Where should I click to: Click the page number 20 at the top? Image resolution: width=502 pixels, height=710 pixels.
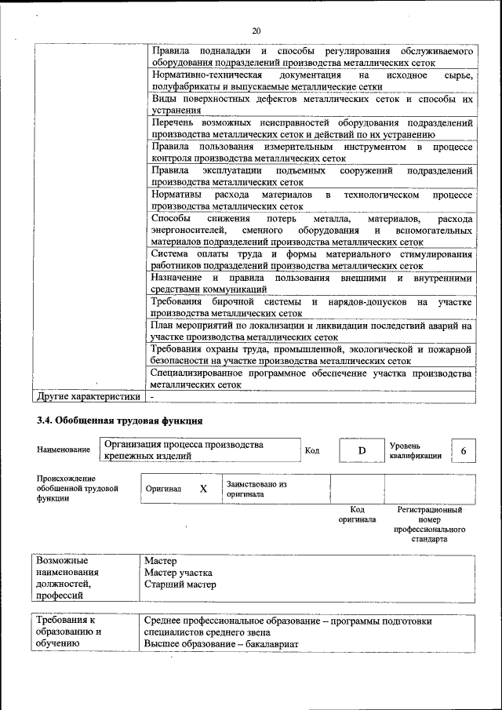(x=256, y=31)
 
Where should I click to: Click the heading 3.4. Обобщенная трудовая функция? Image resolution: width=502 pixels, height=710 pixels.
(x=115, y=421)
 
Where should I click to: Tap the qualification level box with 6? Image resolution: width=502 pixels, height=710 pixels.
(x=464, y=450)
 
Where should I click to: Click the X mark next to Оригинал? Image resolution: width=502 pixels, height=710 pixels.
(x=203, y=488)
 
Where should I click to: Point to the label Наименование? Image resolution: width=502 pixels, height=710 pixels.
(x=63, y=450)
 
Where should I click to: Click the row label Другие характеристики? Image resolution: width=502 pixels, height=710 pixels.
(x=83, y=397)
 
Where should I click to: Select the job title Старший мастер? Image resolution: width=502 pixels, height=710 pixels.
(x=180, y=584)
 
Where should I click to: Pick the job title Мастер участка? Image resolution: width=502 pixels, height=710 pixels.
(x=179, y=573)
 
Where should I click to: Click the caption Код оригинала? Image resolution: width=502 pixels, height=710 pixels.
(x=357, y=514)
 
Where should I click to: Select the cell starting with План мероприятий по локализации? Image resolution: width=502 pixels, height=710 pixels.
(x=311, y=330)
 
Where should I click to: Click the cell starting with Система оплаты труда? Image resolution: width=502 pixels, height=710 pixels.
(x=311, y=260)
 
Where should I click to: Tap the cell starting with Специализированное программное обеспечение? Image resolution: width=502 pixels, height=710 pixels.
(x=311, y=380)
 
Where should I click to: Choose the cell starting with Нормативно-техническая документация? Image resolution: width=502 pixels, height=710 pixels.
(x=311, y=80)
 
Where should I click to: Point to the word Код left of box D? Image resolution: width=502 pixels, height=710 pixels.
(x=312, y=450)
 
